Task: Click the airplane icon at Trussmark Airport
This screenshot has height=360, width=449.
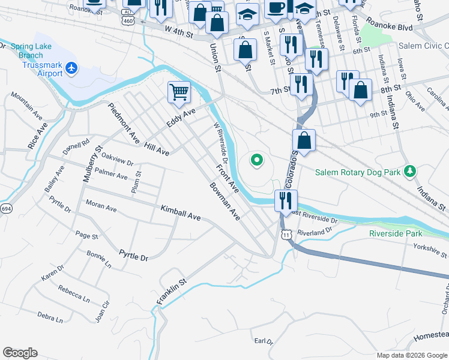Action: click(72, 68)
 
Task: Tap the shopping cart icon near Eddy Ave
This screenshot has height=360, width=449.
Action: click(179, 92)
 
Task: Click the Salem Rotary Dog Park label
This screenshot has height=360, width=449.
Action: click(358, 173)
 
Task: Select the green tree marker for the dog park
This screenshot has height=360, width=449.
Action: click(410, 172)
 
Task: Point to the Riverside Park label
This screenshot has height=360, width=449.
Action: click(396, 233)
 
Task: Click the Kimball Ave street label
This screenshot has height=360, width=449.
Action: click(180, 212)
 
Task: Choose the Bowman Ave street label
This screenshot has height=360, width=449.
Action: click(225, 201)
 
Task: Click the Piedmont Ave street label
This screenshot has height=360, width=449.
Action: click(124, 122)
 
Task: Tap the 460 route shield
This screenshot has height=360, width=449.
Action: click(127, 20)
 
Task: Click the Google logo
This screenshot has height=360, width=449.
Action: click(20, 353)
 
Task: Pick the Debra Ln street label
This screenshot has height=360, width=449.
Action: click(50, 317)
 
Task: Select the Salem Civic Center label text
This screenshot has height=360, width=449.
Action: click(423, 46)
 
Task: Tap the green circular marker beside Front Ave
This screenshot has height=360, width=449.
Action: click(257, 160)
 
